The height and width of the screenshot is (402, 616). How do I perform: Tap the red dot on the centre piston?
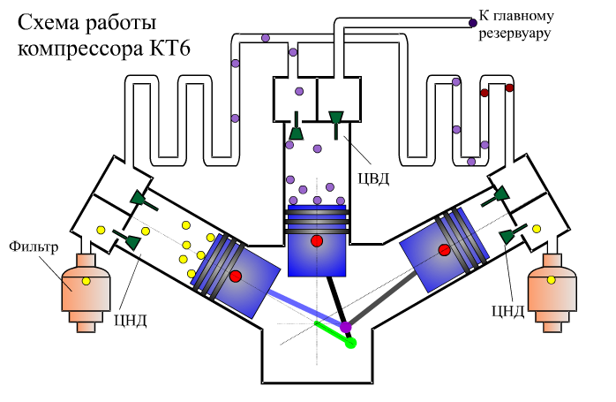tap(316, 240)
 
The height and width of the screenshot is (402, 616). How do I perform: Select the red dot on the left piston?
tap(236, 277)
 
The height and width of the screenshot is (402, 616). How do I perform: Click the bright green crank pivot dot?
tap(350, 342)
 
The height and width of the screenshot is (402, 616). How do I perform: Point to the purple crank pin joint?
tap(346, 327)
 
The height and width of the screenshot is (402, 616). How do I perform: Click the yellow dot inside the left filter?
tap(86, 280)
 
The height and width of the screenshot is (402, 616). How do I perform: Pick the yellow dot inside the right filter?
tap(552, 279)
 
